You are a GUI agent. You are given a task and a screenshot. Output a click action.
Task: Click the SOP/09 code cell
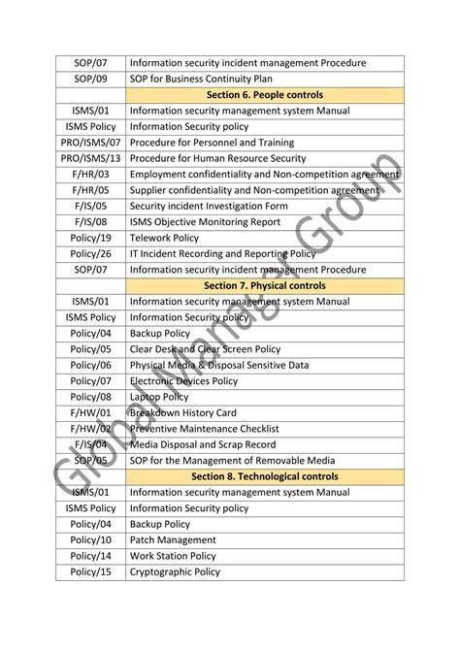(x=90, y=79)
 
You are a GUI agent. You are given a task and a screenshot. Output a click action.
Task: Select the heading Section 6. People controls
(x=264, y=95)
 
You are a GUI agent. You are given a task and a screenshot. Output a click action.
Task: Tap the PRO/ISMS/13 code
(x=90, y=158)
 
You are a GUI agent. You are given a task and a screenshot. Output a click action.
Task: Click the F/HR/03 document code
(x=90, y=175)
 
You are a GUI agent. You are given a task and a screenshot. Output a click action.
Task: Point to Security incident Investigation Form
(x=209, y=207)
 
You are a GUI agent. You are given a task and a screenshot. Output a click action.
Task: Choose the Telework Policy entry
(x=164, y=238)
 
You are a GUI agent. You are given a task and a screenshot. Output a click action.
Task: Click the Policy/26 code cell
(x=90, y=254)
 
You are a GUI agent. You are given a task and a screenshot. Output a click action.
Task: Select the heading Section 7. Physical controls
(x=264, y=286)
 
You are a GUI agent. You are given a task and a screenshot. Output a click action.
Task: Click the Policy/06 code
(x=90, y=366)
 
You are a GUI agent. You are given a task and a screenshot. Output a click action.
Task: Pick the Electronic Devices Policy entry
(x=183, y=381)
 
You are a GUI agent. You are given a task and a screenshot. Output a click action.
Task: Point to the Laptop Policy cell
(x=159, y=397)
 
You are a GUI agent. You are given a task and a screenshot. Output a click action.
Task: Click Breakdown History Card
(x=182, y=413)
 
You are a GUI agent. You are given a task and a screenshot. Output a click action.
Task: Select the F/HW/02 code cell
(x=90, y=429)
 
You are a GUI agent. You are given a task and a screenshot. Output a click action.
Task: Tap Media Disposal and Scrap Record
(x=202, y=444)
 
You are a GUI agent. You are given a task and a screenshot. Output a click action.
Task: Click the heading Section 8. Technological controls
(x=264, y=476)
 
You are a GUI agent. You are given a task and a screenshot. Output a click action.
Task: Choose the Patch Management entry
(x=173, y=540)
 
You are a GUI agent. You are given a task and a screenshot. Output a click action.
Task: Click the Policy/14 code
(x=90, y=556)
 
